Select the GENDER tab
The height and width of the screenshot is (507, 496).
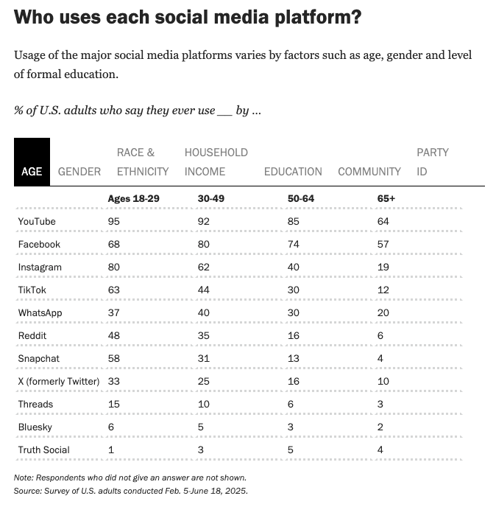click(79, 171)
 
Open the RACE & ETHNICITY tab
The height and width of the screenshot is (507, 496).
click(143, 162)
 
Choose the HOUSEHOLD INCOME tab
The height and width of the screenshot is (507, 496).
click(216, 162)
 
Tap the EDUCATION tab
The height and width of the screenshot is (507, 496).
click(293, 171)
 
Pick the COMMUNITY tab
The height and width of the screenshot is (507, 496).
click(369, 171)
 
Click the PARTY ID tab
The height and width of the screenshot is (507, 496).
click(432, 162)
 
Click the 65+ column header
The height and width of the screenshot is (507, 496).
click(386, 198)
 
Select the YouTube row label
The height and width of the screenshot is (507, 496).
click(37, 221)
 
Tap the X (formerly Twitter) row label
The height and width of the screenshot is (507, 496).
click(59, 381)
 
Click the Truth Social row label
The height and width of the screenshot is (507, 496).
click(43, 450)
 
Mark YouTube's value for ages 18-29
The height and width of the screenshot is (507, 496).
click(114, 221)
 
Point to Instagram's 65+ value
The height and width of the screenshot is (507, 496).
click(383, 267)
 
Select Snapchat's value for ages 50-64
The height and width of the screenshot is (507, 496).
click(294, 358)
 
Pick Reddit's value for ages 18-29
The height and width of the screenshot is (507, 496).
click(114, 335)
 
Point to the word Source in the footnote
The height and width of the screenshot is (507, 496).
click(26, 490)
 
